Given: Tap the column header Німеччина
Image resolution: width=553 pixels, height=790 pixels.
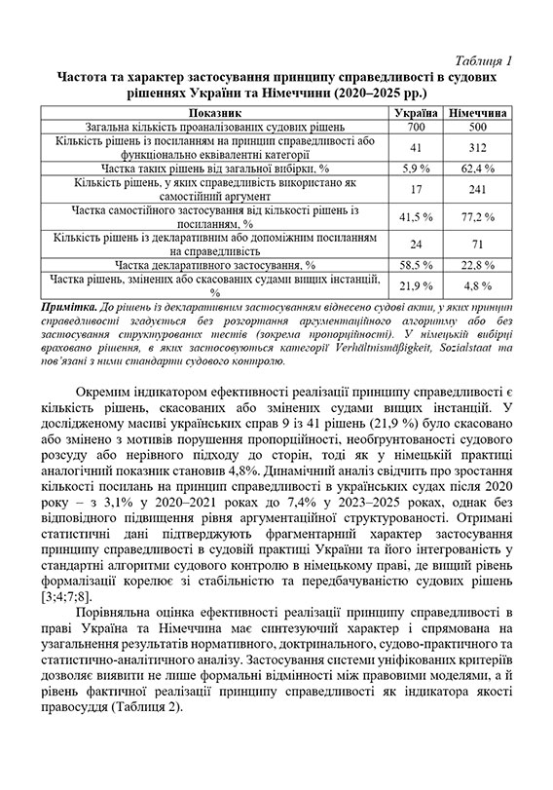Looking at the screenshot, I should click(477, 114).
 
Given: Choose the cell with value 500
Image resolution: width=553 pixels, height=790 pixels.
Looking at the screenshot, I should click(477, 128).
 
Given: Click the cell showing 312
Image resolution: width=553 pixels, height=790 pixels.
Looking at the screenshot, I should click(477, 147).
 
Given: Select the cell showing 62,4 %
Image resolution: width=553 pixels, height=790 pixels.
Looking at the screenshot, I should click(477, 168).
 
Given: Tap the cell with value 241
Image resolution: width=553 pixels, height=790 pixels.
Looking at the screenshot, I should click(477, 189).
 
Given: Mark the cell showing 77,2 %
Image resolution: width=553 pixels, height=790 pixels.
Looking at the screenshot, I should click(477, 215).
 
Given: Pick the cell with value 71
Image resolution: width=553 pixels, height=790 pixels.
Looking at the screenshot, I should click(477, 243).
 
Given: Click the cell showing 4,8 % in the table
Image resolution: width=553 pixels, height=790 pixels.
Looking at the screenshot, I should click(477, 284).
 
